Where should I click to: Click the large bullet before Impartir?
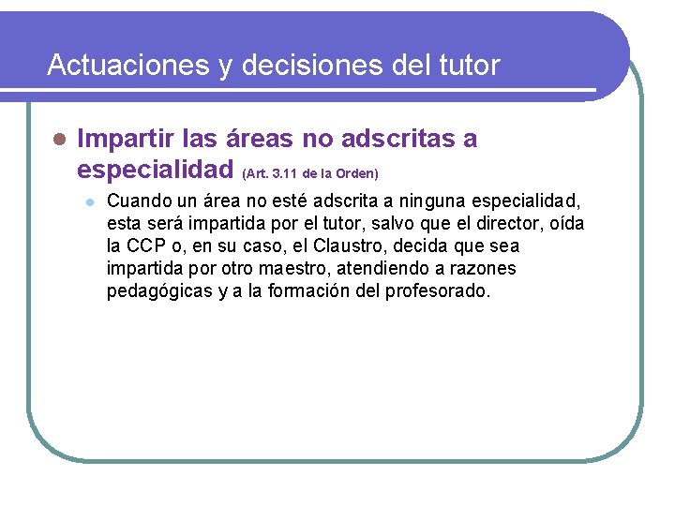click(x=58, y=140)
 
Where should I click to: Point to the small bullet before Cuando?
click(x=87, y=201)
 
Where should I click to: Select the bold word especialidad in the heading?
click(x=155, y=170)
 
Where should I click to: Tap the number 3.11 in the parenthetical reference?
click(x=286, y=173)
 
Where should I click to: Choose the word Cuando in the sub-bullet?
click(x=138, y=201)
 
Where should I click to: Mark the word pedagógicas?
click(x=158, y=290)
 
